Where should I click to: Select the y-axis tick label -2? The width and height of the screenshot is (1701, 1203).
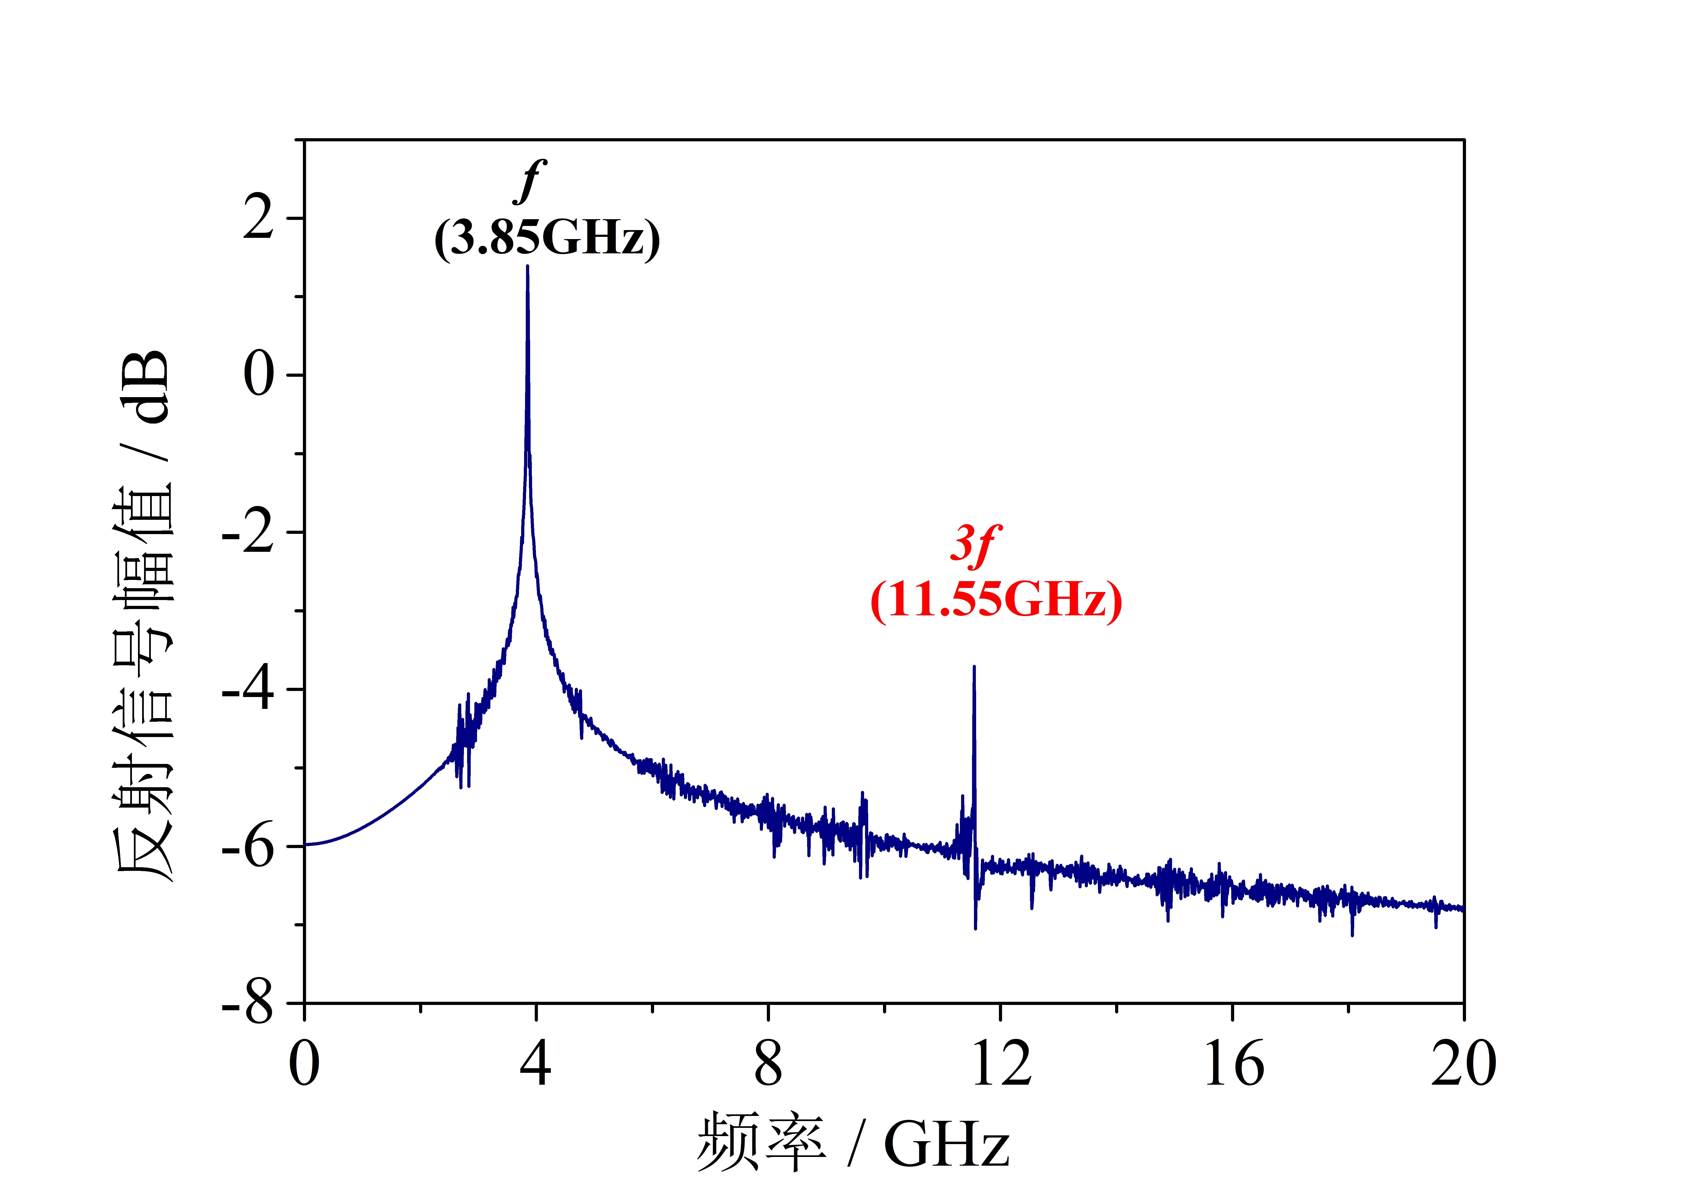(x=248, y=533)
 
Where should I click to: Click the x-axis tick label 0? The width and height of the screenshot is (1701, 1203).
(x=305, y=1065)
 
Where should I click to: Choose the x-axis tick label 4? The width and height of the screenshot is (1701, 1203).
(x=536, y=1065)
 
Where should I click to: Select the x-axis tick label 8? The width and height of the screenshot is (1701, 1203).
(x=768, y=1065)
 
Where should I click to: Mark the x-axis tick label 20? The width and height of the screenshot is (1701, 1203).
(x=1463, y=1065)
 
